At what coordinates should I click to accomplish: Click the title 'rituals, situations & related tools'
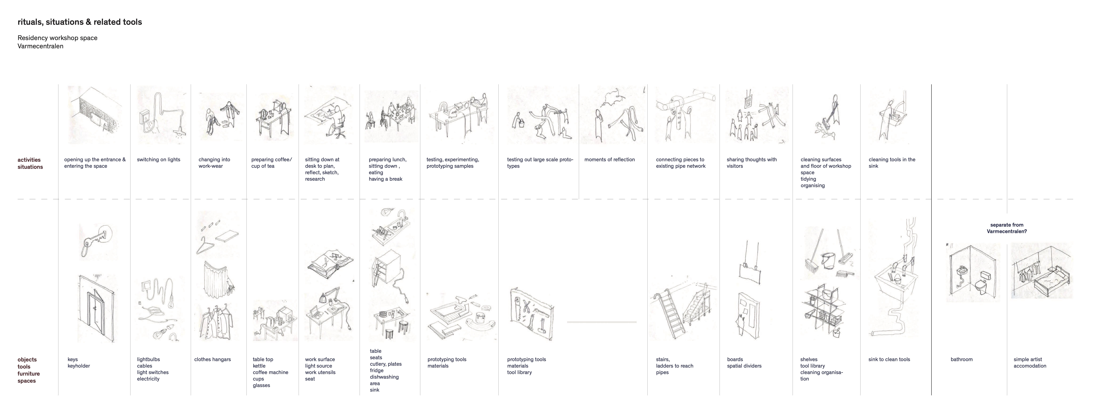click(80, 22)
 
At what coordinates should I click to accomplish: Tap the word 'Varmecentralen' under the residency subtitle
click(41, 46)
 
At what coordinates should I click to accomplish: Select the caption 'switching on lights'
click(158, 159)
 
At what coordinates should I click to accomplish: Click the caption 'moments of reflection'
click(610, 159)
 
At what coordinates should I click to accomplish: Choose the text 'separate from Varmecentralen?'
click(1007, 228)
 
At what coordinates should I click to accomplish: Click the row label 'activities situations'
click(30, 163)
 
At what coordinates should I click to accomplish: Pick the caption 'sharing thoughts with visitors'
click(751, 162)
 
